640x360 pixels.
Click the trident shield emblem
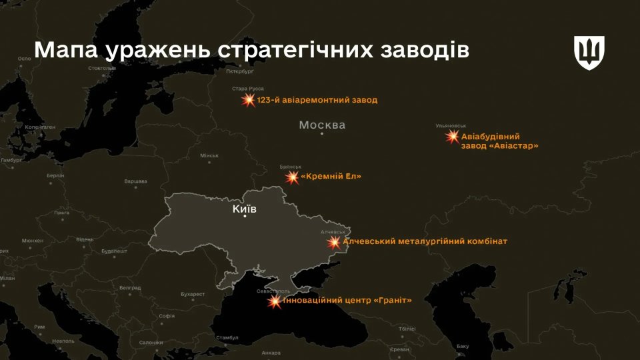pyautogui.click(x=589, y=53)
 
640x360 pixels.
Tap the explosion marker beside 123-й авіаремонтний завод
pyautogui.click(x=248, y=101)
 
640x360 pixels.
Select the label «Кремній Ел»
pyautogui.click(x=331, y=177)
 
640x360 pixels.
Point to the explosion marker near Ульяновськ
pyautogui.click(x=453, y=137)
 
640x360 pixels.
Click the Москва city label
pyautogui.click(x=322, y=125)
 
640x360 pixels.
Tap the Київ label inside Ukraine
pyautogui.click(x=244, y=209)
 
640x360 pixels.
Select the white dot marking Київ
pyautogui.click(x=245, y=216)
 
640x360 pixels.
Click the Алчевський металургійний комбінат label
pyautogui.click(x=425, y=241)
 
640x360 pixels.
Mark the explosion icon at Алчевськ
pyautogui.click(x=333, y=242)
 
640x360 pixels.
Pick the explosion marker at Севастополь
pyautogui.click(x=275, y=301)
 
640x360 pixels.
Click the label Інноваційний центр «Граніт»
pyautogui.click(x=348, y=300)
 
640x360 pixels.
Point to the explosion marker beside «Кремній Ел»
pyautogui.click(x=292, y=177)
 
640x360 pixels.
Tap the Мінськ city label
pyautogui.click(x=209, y=156)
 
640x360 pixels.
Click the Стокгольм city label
pyautogui.click(x=101, y=68)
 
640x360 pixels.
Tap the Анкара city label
pyautogui.click(x=271, y=353)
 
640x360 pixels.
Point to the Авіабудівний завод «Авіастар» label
pyautogui.click(x=499, y=141)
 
